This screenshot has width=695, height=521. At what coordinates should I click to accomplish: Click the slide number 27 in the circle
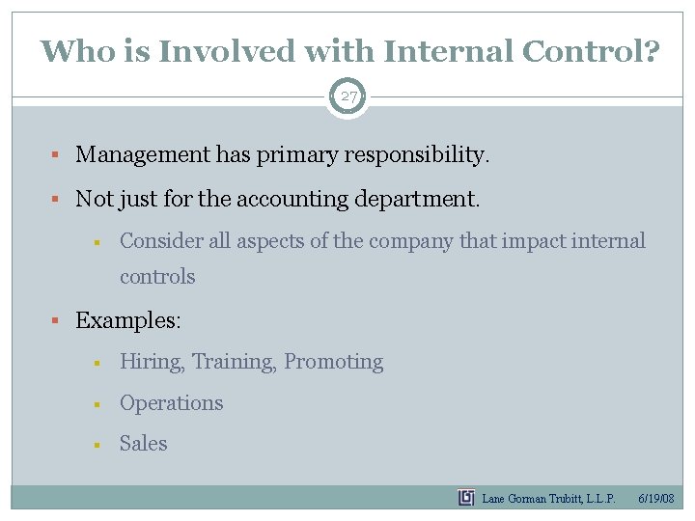click(347, 96)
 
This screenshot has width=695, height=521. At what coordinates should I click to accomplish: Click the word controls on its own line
click(157, 277)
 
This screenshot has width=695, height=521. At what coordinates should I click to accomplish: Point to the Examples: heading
click(128, 320)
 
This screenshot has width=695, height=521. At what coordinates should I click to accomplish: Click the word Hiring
click(153, 362)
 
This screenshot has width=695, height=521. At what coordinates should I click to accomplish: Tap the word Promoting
click(333, 362)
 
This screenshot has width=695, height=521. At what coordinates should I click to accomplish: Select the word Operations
click(171, 403)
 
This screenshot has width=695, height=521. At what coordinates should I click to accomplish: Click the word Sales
click(143, 444)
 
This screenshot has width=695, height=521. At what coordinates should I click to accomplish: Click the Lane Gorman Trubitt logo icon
click(466, 498)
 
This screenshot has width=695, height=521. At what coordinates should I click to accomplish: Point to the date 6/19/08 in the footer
click(656, 499)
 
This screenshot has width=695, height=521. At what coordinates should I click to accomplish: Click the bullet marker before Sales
click(97, 445)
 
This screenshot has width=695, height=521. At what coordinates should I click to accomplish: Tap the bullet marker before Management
click(59, 155)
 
